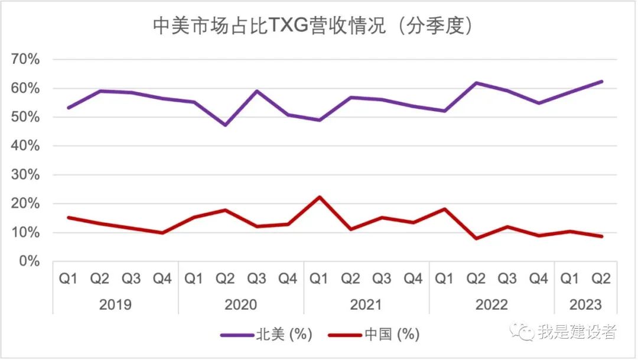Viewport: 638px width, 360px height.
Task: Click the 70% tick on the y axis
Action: click(x=25, y=60)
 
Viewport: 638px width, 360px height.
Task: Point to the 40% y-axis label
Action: click(x=25, y=146)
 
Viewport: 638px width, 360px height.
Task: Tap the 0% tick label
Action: click(x=29, y=261)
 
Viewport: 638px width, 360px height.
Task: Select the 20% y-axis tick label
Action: click(x=25, y=204)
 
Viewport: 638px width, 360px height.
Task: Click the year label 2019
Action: click(x=115, y=305)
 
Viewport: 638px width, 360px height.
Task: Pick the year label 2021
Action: click(x=366, y=305)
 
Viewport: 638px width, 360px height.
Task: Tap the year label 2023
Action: click(x=585, y=305)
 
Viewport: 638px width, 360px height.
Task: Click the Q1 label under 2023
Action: click(x=570, y=278)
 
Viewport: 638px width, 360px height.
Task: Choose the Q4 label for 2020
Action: click(x=288, y=278)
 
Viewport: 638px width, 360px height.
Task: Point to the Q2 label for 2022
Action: click(x=476, y=278)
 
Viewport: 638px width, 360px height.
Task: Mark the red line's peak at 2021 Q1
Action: click(x=319, y=197)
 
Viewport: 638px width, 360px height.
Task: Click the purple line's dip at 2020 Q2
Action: click(x=225, y=125)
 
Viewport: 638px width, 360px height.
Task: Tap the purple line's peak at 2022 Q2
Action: click(x=476, y=83)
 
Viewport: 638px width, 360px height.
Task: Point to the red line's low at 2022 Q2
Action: click(x=476, y=239)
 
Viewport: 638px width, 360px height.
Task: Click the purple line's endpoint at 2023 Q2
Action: click(x=601, y=82)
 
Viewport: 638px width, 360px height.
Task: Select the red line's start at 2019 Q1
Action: click(x=69, y=218)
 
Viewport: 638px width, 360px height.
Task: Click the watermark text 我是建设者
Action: click(x=576, y=332)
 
